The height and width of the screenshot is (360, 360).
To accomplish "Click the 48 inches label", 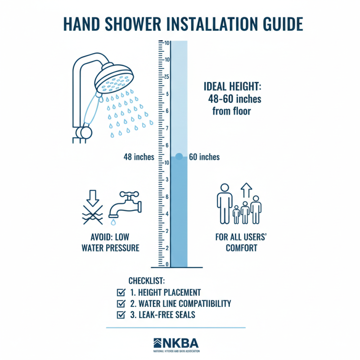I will pyautogui.click(x=139, y=157).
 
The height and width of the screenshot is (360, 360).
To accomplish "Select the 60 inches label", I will pyautogui.click(x=205, y=157).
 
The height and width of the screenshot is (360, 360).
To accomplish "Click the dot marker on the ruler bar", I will pyautogui.click(x=179, y=157).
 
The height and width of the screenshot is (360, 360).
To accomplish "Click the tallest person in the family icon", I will pyautogui.click(x=224, y=202).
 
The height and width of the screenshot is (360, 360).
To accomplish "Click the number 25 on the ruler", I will pyautogui.click(x=166, y=77).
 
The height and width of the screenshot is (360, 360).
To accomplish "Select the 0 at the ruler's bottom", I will pyautogui.click(x=166, y=264).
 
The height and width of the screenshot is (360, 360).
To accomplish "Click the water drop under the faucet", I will pyautogui.click(x=112, y=222).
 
